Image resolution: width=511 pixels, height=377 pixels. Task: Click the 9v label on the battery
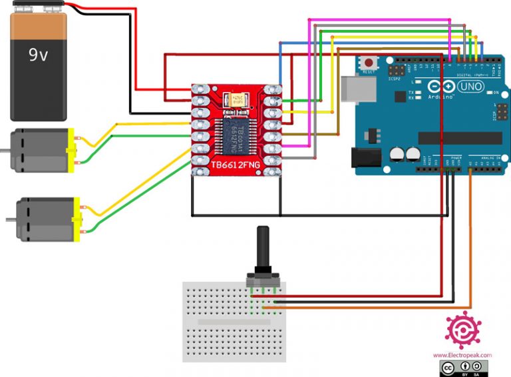click(x=39, y=55)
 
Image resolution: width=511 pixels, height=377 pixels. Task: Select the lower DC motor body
click(x=44, y=218)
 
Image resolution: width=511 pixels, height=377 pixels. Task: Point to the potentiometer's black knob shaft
click(x=262, y=250)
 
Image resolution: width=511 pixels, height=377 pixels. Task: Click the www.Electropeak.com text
click(x=462, y=356)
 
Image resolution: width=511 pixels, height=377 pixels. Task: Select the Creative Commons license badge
click(x=464, y=368)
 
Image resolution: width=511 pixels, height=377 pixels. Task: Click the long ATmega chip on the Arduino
click(x=460, y=137)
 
